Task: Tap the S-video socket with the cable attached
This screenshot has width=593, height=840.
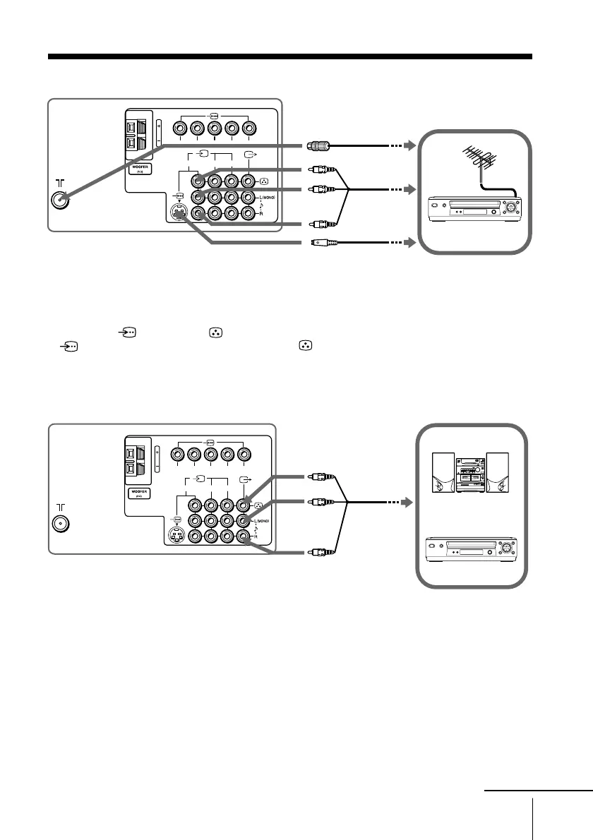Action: [x=179, y=212]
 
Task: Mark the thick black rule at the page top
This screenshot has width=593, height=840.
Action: [x=289, y=56]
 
